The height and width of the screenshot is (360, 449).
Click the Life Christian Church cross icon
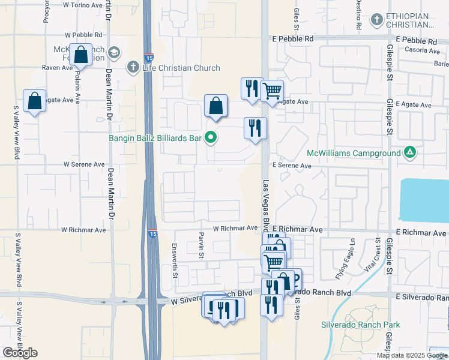[x=133, y=67]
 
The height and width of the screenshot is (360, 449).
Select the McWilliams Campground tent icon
[x=409, y=153]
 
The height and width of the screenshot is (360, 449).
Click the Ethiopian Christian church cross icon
[x=376, y=20]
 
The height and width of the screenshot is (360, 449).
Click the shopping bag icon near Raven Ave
[x=80, y=55]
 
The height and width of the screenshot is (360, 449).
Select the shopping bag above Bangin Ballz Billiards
[x=215, y=106]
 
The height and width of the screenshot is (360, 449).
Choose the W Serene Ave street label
[x=85, y=164]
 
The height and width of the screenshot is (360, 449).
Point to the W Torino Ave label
[x=82, y=5]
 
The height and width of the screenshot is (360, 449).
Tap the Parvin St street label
[x=200, y=247]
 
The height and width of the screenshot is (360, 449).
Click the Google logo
[x=20, y=353]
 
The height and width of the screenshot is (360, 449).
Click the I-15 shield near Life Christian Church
[x=148, y=58]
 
